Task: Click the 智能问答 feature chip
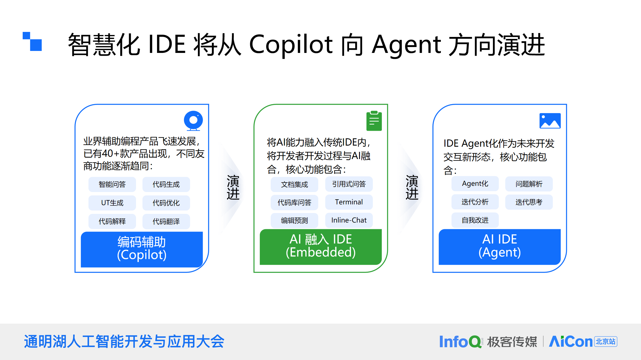112,184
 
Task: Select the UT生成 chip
112,203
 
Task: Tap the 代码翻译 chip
166,221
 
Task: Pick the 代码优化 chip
166,203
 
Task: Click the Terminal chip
349,202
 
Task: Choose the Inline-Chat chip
349,220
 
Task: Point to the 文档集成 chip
294,184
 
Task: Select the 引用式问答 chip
349,184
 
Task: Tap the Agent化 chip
475,184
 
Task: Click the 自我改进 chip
475,220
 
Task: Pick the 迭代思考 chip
529,202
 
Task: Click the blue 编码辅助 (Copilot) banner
142,249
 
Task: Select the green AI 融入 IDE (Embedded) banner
320,246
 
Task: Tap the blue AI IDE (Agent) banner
500,246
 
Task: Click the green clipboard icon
374,121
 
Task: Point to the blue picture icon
550,121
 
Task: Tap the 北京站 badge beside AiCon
606,342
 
